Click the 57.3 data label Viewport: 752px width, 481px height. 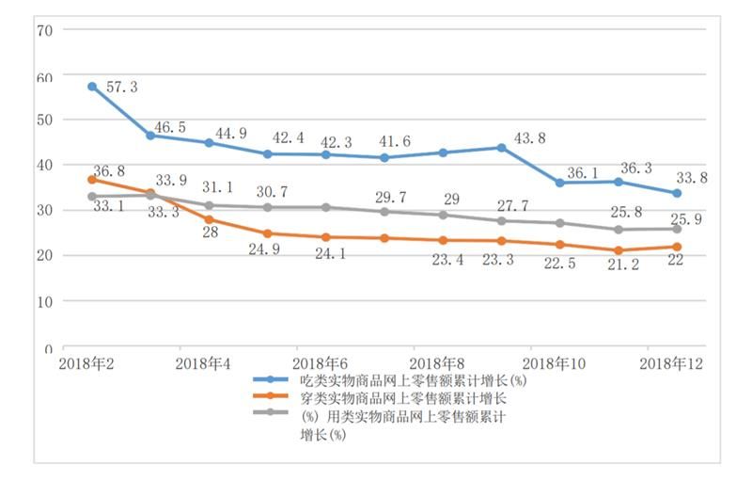pos(119,87)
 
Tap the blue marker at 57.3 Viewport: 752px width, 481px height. pos(92,87)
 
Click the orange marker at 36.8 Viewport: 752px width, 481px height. pos(92,179)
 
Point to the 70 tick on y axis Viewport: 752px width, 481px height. pos(43,29)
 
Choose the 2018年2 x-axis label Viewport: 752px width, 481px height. pos(87,362)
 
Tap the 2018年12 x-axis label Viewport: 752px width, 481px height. pos(671,362)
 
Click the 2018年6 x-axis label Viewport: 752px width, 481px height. pos(321,362)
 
